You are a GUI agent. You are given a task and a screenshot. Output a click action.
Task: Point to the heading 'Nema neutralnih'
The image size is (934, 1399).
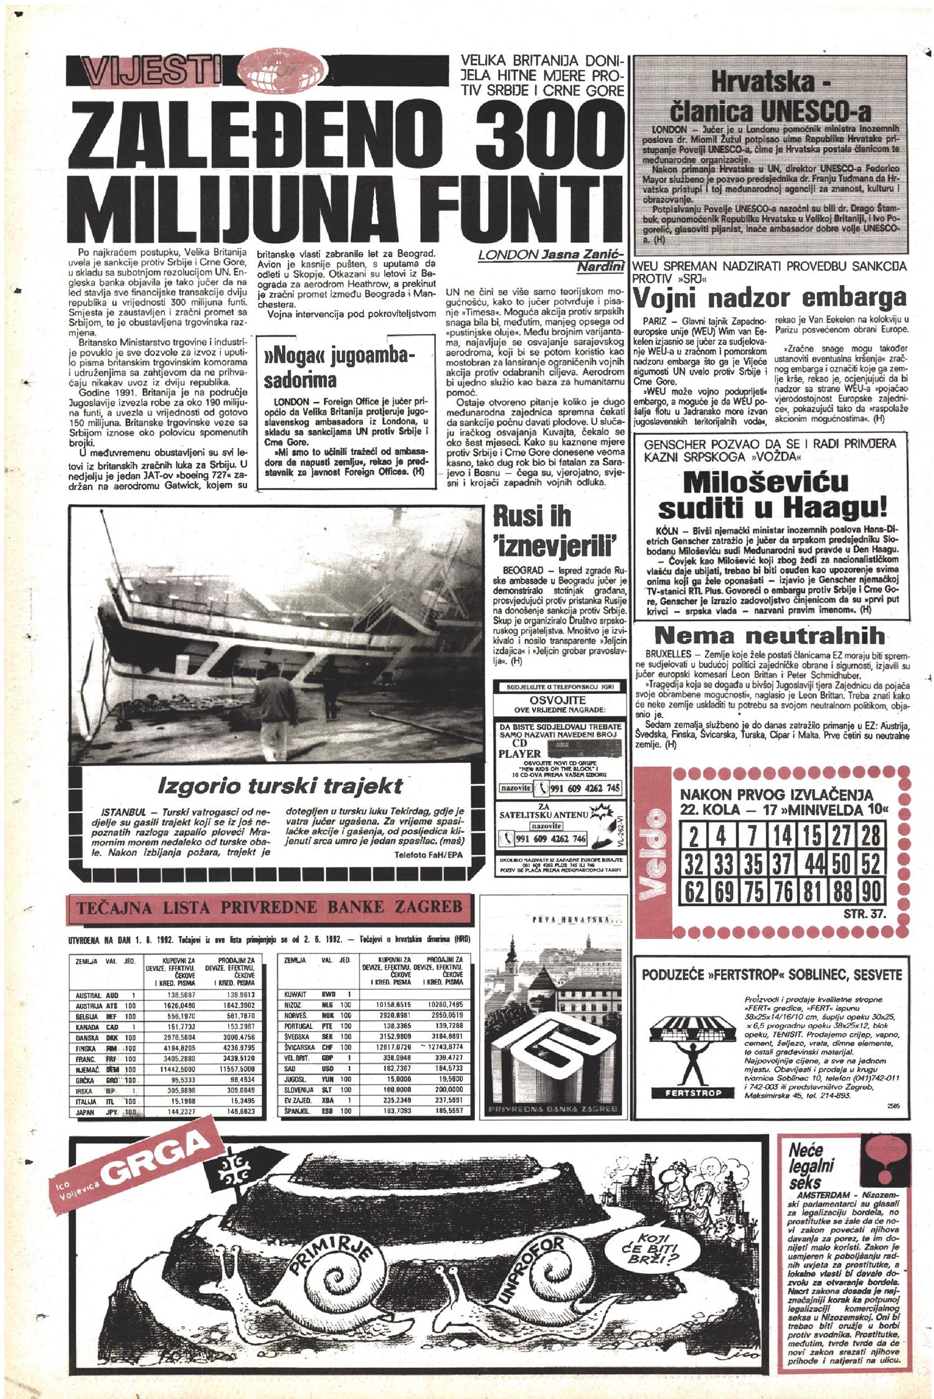[x=770, y=635]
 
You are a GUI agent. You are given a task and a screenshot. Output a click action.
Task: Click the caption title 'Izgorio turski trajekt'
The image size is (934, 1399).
[x=280, y=786]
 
